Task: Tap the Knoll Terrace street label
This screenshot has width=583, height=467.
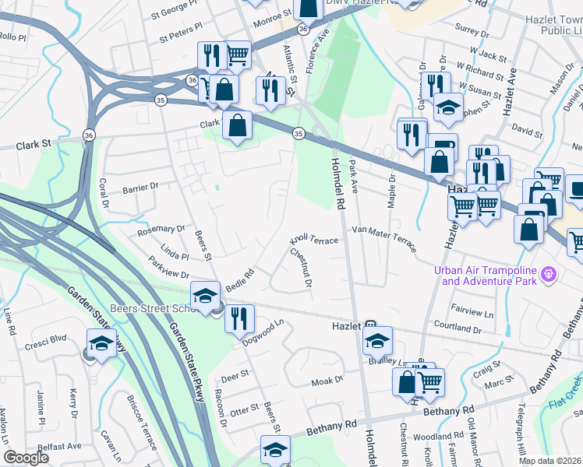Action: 315,241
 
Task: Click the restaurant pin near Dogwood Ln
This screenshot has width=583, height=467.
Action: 239,316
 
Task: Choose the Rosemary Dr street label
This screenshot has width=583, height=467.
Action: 161,229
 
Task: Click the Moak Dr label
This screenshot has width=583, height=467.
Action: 327,380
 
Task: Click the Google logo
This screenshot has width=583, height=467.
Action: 26,458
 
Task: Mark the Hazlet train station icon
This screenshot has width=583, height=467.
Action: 371,326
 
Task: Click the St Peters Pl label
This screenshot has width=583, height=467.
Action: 180,36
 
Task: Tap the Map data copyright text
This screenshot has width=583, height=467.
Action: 549,461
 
